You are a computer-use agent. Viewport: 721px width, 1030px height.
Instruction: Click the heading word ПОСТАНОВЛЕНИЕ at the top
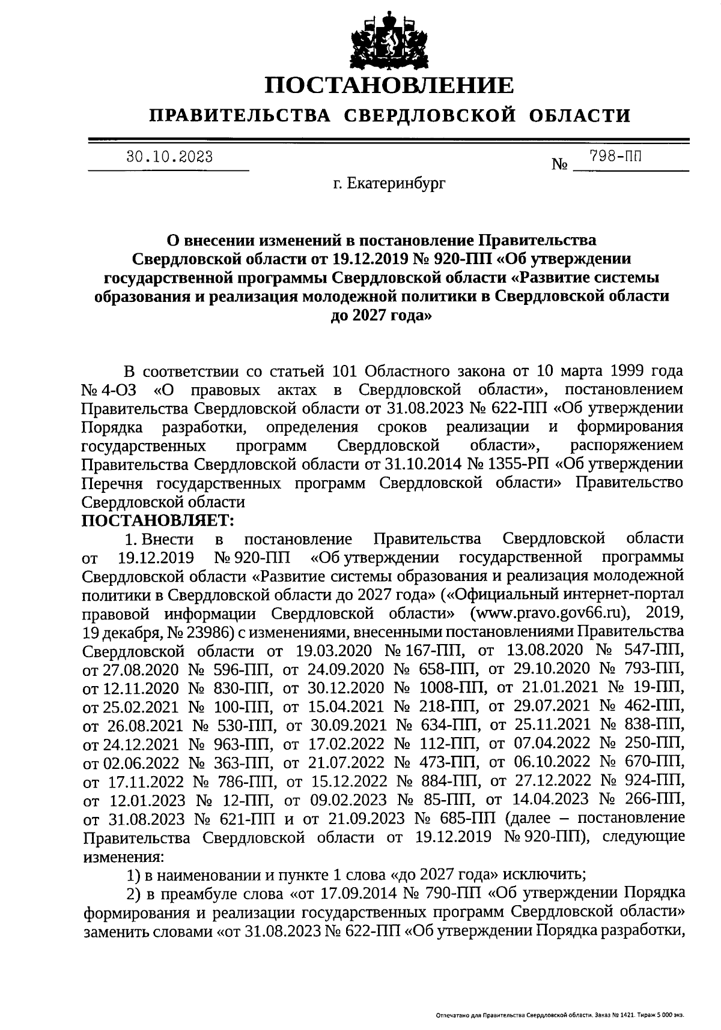point(390,85)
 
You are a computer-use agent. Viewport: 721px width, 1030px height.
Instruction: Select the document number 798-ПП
point(615,157)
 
